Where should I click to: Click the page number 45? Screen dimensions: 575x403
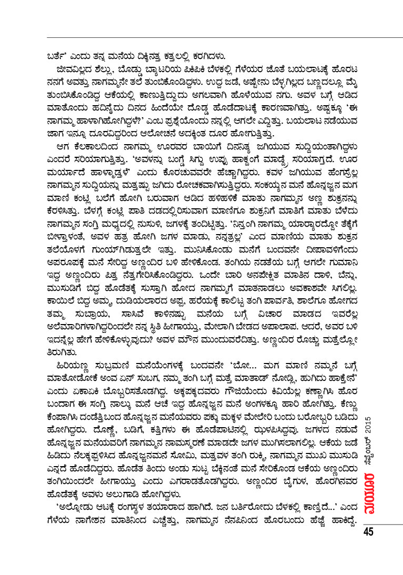pos(368,532)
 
